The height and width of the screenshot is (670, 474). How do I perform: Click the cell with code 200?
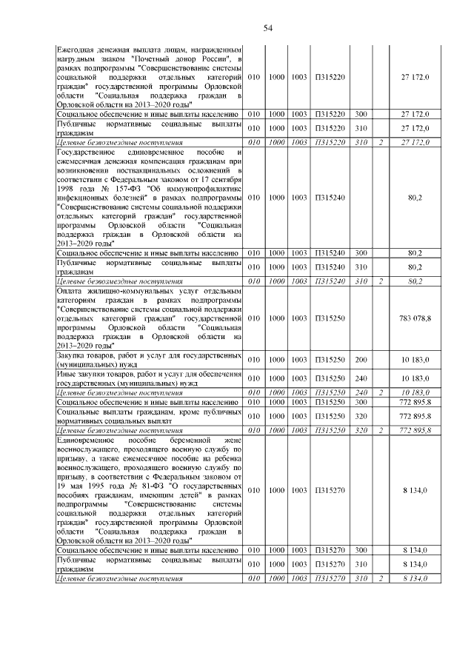(x=361, y=359)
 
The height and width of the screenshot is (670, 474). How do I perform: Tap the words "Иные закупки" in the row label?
(x=79, y=374)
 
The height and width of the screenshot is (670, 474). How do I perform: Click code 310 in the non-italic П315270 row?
(x=361, y=563)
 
